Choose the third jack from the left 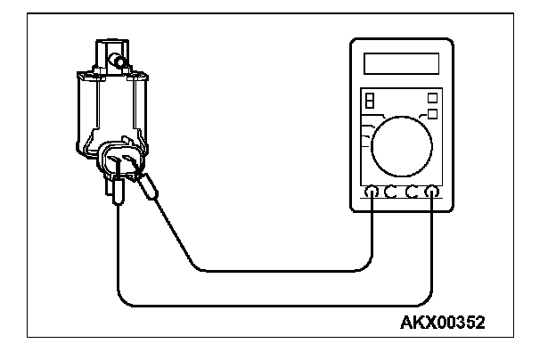coord(412,191)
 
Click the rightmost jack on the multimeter coord(431,191)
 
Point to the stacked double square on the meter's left coord(369,99)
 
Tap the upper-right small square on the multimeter coord(433,97)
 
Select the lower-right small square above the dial coord(433,113)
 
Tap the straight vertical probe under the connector coord(118,192)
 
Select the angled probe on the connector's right coord(149,188)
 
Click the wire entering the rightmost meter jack coord(431,241)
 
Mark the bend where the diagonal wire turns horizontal coord(197,268)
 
